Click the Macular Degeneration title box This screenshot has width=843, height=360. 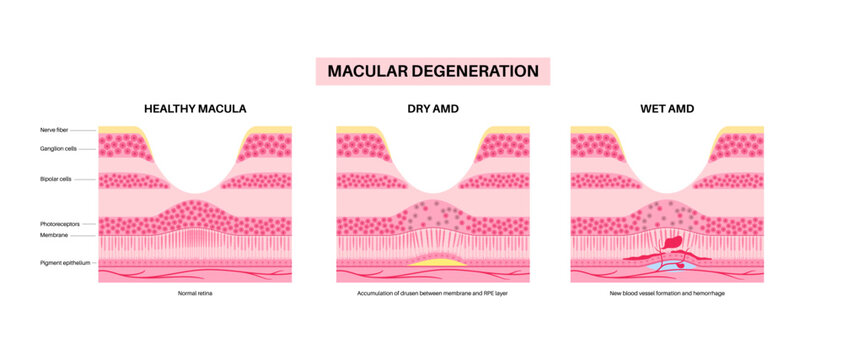[x=432, y=71]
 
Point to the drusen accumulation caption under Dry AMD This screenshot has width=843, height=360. [x=432, y=296]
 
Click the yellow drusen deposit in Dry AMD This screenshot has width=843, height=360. [x=432, y=262]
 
